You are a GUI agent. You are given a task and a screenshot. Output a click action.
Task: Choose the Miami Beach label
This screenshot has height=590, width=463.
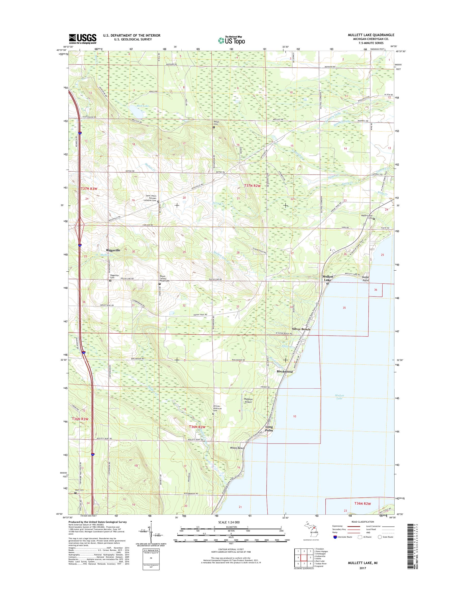[x=237, y=448]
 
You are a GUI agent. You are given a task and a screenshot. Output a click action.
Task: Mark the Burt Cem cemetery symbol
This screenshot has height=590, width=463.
[x=75, y=493]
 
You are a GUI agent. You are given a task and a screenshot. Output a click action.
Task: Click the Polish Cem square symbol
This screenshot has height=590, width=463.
[x=214, y=127]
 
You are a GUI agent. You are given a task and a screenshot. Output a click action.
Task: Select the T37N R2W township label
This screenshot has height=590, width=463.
[x=252, y=186]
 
